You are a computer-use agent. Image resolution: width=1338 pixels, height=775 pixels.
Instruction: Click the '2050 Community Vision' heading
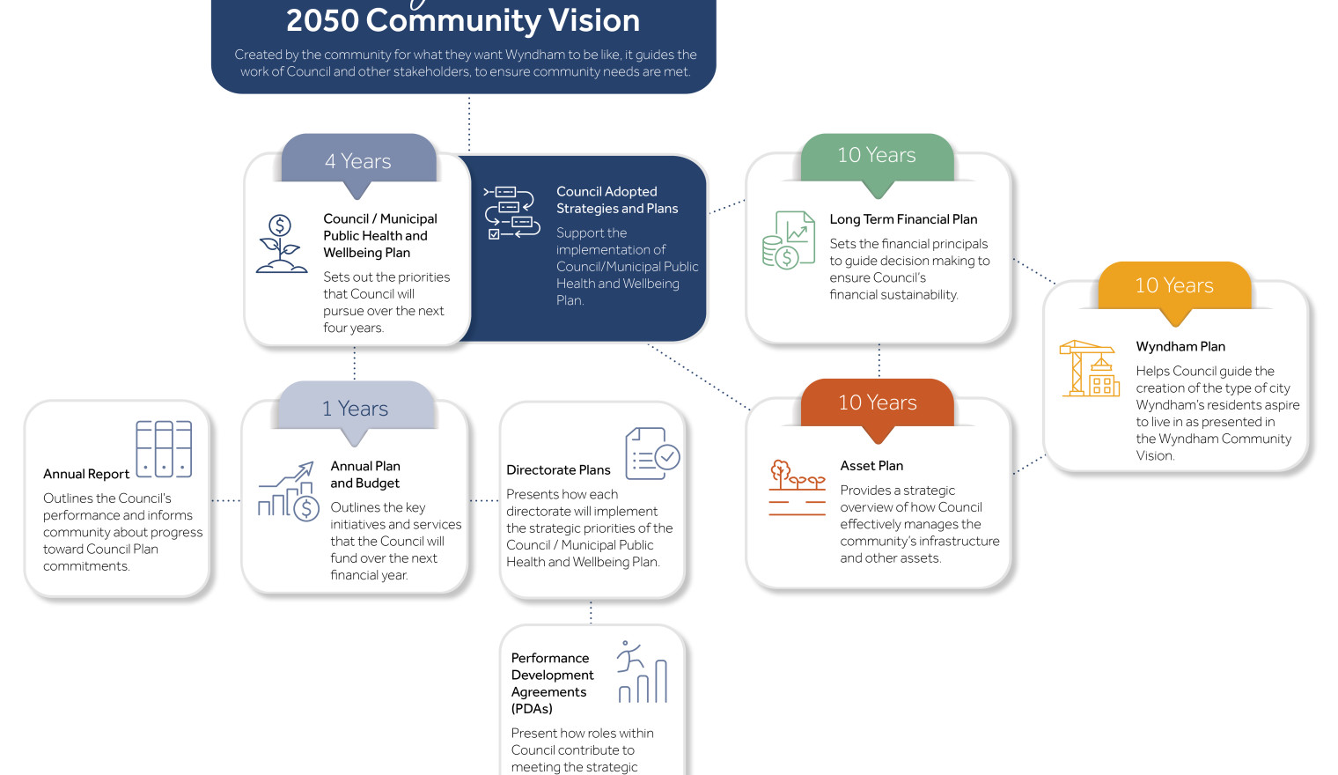point(463,20)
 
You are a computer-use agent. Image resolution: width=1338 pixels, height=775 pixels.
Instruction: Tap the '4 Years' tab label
point(357,161)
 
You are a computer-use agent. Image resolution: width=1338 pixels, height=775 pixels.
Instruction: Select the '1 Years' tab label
point(355,409)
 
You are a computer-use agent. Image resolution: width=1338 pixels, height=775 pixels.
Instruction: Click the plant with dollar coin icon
point(282,244)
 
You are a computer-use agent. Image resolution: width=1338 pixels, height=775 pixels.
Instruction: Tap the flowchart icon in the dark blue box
point(511,213)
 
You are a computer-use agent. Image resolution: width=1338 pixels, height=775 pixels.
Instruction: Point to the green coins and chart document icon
point(789,240)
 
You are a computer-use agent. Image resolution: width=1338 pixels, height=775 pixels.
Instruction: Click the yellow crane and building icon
point(1089,368)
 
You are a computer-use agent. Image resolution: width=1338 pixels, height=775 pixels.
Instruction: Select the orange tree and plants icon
point(797,488)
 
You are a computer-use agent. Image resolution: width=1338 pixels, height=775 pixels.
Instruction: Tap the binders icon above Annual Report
point(164,449)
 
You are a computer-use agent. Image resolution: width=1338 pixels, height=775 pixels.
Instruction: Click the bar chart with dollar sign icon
point(289,491)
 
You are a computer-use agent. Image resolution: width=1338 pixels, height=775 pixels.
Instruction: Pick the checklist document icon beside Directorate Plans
point(652,454)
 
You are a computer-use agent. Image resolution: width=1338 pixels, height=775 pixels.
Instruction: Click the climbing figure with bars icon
point(642,672)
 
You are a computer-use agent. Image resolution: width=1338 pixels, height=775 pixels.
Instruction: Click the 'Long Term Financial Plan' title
point(903,219)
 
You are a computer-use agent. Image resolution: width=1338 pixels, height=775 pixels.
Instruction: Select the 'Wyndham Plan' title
point(1180,347)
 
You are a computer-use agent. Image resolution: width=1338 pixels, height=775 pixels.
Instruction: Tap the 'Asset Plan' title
point(871,466)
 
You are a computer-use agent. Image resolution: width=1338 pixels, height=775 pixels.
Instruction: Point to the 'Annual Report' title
point(86,475)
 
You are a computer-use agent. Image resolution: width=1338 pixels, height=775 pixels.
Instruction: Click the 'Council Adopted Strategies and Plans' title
point(617,200)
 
